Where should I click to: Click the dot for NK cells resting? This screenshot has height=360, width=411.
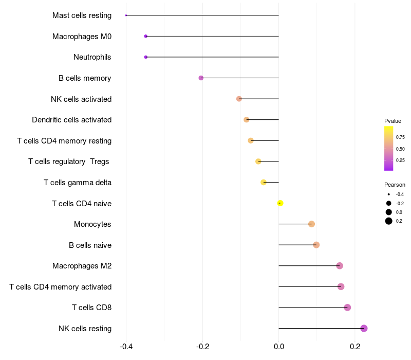[364, 328]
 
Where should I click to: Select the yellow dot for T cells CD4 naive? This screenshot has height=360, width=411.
[280, 203]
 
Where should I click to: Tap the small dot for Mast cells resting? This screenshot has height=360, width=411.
[126, 15]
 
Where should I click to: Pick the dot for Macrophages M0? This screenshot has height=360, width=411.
[146, 36]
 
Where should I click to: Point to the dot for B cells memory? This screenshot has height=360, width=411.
[201, 78]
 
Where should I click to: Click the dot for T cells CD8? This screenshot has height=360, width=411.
[347, 308]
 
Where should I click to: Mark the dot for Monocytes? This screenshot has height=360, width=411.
[311, 224]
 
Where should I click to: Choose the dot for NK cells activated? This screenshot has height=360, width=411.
[239, 99]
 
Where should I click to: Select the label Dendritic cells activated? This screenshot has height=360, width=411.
[72, 120]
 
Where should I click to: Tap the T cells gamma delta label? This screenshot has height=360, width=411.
[78, 183]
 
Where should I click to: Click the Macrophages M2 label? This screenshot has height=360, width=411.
[82, 266]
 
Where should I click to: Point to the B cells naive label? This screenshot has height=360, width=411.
[90, 245]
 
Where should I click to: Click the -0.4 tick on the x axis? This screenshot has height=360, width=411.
[126, 347]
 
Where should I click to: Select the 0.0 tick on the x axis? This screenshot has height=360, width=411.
[278, 347]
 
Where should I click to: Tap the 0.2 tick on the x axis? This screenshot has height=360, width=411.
[355, 347]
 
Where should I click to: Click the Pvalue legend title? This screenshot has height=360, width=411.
[393, 121]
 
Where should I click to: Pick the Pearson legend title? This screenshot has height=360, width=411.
[395, 185]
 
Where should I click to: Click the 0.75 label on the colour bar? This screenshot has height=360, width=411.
[400, 137]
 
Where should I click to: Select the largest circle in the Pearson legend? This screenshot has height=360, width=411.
[389, 221]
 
